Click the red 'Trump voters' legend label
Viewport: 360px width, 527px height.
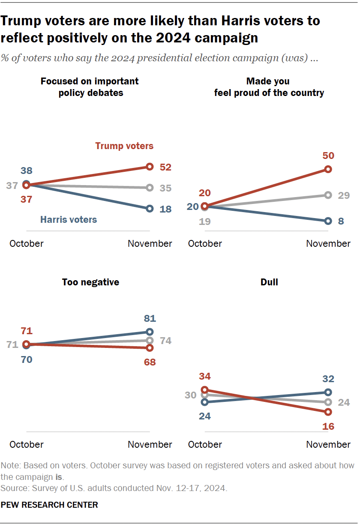(x=124, y=146)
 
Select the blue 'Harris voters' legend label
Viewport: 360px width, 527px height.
(x=69, y=220)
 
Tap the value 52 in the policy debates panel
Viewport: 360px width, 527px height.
(x=165, y=167)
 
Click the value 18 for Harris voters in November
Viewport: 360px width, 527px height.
(x=165, y=209)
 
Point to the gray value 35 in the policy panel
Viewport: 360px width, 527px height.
(x=165, y=188)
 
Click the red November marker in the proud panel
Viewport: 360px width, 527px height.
(x=328, y=169)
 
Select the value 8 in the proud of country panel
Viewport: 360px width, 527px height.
(x=341, y=221)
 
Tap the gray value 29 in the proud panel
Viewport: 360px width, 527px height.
(x=343, y=195)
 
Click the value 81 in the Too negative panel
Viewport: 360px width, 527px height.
(x=150, y=319)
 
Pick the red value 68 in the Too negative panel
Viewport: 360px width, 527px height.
(x=150, y=362)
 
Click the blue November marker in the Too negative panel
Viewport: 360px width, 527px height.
(x=150, y=332)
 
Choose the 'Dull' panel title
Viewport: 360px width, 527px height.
(x=269, y=282)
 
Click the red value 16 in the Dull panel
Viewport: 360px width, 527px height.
(x=328, y=426)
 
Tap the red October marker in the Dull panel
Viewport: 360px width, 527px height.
(x=205, y=390)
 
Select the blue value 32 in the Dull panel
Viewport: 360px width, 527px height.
(x=328, y=379)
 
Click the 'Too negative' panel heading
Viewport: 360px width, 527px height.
(x=90, y=282)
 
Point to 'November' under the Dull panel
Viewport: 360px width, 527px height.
(x=328, y=445)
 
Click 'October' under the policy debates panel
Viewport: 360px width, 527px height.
(x=27, y=244)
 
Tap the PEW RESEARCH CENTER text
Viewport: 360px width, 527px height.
(x=49, y=505)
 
